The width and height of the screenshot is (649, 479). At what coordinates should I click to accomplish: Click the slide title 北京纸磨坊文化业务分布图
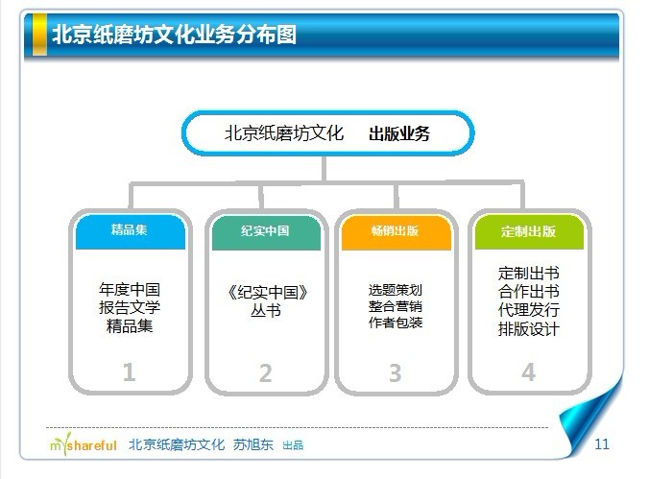pos(174,35)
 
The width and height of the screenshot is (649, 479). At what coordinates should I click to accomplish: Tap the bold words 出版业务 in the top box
pos(399,133)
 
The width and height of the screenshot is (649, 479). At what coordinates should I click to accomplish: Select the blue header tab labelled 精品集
pos(130,232)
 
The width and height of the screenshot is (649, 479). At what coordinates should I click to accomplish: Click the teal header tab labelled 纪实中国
pos(266,232)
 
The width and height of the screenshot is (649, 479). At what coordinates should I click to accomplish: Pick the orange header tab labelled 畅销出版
pos(397,232)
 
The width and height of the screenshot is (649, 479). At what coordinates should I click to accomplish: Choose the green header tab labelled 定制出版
pos(529,232)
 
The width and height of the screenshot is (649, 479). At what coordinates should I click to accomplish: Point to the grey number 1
pos(129,371)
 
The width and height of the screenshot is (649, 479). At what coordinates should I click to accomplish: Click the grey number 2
pos(265,373)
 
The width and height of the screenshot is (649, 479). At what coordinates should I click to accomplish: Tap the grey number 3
pos(396,373)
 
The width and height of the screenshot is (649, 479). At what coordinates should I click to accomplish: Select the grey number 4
pos(529,371)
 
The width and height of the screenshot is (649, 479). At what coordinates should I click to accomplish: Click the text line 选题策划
pos(396,290)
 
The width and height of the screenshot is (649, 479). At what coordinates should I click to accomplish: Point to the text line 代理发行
pos(529,310)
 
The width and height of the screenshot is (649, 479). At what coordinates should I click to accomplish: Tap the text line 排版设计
pos(529,329)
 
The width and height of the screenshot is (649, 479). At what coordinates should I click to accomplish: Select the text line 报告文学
pos(130,307)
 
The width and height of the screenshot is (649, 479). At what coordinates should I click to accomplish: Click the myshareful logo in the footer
pos(84,444)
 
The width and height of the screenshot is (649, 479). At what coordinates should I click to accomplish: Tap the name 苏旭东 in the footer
pos(252,444)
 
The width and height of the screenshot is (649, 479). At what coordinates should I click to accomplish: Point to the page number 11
pos(602,444)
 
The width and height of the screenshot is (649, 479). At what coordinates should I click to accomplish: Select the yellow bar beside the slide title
pos(39,34)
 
